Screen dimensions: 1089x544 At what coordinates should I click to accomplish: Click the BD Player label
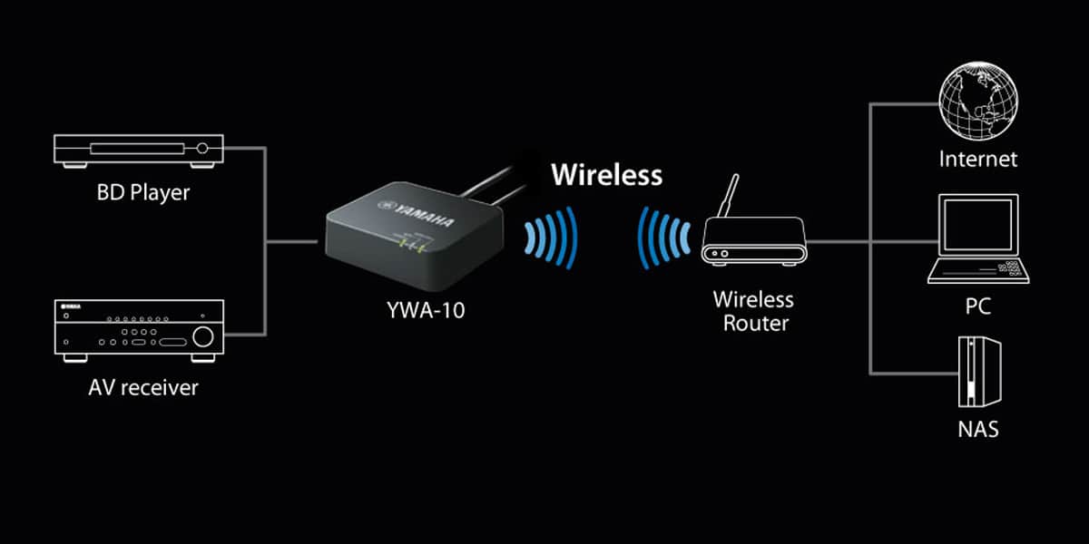143,193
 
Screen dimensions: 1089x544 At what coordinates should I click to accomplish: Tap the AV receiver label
143,388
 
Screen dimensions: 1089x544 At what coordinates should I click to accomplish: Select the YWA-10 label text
426,310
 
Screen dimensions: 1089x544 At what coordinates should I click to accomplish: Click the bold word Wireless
607,175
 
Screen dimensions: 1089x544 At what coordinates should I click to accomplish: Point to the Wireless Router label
754,311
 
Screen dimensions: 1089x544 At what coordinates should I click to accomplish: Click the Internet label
977,160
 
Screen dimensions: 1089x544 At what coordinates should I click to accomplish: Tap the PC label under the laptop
977,306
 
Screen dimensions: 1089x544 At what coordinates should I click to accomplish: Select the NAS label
977,430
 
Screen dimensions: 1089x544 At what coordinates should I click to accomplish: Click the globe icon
978,101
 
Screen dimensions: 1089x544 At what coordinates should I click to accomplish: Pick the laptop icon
978,238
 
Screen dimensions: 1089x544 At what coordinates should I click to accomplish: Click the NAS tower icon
979,372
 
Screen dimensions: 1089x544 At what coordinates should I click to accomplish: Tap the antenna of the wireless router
729,196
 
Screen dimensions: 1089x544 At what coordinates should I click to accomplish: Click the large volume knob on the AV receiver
203,336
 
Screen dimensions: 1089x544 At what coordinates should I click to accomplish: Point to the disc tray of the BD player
137,149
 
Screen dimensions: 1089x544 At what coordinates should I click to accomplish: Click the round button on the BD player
202,148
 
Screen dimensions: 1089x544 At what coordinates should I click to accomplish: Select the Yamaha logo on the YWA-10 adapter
417,213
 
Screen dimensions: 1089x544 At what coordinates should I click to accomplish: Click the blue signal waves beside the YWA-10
551,238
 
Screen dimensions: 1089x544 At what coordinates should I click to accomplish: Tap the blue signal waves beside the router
664,238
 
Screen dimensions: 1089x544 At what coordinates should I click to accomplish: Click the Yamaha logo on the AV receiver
70,306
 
